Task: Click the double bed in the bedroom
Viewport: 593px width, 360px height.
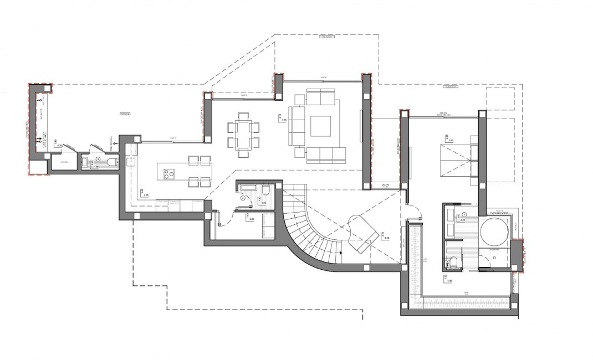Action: (453, 161)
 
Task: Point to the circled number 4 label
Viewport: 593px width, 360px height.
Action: (242, 198)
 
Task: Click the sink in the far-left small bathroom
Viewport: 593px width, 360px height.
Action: (84, 162)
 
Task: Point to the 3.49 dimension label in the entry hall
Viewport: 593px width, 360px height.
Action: (251, 218)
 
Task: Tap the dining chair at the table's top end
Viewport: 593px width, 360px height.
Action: (242, 117)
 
